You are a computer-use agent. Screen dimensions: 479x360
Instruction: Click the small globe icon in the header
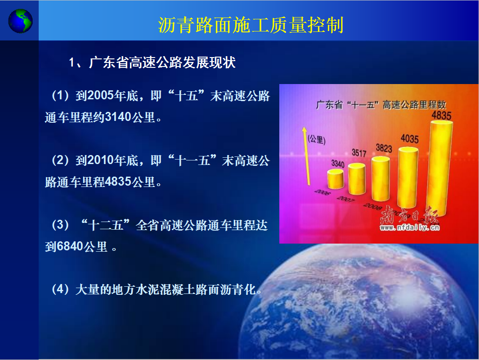(x=20, y=21)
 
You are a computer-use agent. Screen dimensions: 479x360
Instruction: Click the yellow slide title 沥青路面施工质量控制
(x=251, y=25)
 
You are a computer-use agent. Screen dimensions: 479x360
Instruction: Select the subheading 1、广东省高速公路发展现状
(x=152, y=62)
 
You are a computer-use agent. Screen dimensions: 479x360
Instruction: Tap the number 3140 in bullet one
(x=118, y=117)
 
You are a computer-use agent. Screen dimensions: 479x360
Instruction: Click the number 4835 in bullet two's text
(x=118, y=182)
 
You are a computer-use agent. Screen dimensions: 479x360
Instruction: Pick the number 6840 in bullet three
(x=70, y=246)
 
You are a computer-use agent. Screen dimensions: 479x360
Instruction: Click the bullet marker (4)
(x=60, y=289)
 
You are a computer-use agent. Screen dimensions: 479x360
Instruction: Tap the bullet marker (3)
(x=60, y=225)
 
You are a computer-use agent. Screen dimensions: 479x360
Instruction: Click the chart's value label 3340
(x=338, y=164)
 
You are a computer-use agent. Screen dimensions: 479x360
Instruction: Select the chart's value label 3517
(x=359, y=153)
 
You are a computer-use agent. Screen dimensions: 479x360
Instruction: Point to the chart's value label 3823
(x=384, y=148)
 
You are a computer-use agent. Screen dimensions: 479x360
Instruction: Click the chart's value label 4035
(x=410, y=139)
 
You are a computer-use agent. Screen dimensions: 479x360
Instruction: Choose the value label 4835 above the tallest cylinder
(x=441, y=116)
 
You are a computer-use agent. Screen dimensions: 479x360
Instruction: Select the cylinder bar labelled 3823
(x=381, y=179)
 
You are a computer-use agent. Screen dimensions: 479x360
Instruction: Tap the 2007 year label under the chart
(x=345, y=199)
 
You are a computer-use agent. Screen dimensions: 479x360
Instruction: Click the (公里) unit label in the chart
(x=317, y=140)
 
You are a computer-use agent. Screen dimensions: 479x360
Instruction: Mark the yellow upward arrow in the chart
(x=306, y=156)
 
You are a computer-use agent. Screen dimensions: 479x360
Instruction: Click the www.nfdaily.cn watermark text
(x=410, y=227)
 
